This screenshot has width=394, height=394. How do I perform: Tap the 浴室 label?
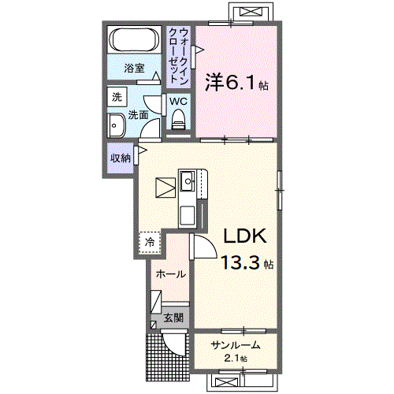135,68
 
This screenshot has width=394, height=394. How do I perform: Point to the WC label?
177,101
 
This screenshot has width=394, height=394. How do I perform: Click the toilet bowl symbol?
177,119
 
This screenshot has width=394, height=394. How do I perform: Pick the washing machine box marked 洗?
117,98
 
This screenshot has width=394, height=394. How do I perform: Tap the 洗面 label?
139,114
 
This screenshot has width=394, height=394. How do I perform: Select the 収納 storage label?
120,158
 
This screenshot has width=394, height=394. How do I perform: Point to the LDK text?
245,236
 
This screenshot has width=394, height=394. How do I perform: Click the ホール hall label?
170,274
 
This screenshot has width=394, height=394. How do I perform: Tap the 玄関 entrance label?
173,318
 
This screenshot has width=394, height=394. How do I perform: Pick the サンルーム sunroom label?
235,345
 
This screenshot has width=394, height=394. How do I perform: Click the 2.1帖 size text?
235,359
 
